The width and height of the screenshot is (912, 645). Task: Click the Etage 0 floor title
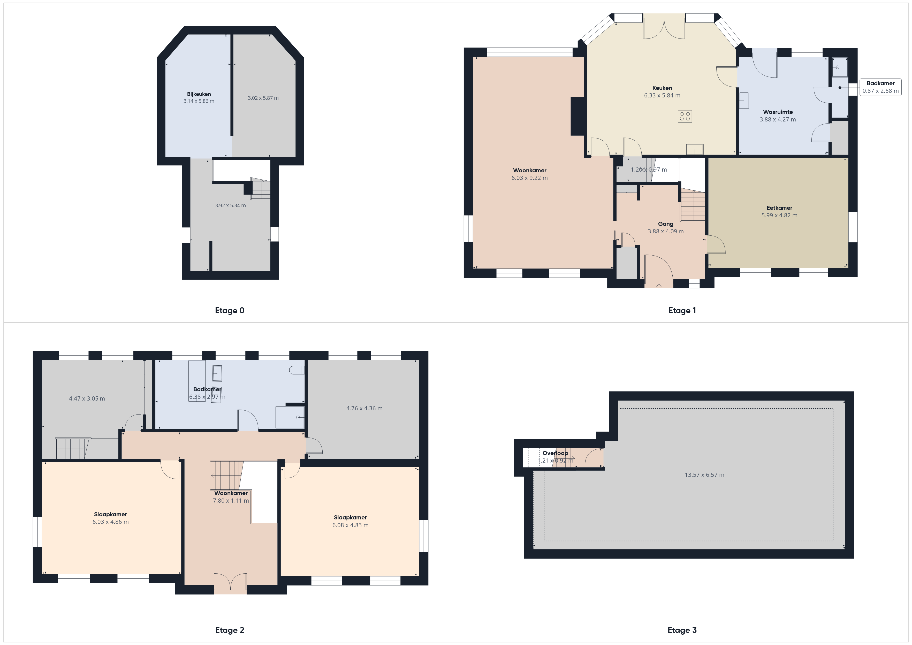230,311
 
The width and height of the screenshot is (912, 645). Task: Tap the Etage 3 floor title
682,630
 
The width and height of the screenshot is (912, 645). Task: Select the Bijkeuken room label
199,94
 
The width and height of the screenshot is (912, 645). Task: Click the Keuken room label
662,88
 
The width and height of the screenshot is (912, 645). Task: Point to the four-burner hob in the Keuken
685,116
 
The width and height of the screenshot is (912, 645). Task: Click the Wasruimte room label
778,112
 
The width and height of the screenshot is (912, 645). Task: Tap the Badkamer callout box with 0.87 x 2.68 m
881,87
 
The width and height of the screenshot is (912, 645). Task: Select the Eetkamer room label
779,208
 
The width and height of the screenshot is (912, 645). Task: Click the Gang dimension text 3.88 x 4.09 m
666,231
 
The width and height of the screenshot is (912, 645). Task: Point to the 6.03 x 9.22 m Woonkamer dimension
529,178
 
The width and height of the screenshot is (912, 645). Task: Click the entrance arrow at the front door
659,286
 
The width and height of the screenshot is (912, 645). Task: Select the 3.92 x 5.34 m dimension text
230,205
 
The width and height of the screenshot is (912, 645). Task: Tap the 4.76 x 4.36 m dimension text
364,408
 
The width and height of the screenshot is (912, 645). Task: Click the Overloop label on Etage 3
555,453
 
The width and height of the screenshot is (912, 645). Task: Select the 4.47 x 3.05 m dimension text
87,398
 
